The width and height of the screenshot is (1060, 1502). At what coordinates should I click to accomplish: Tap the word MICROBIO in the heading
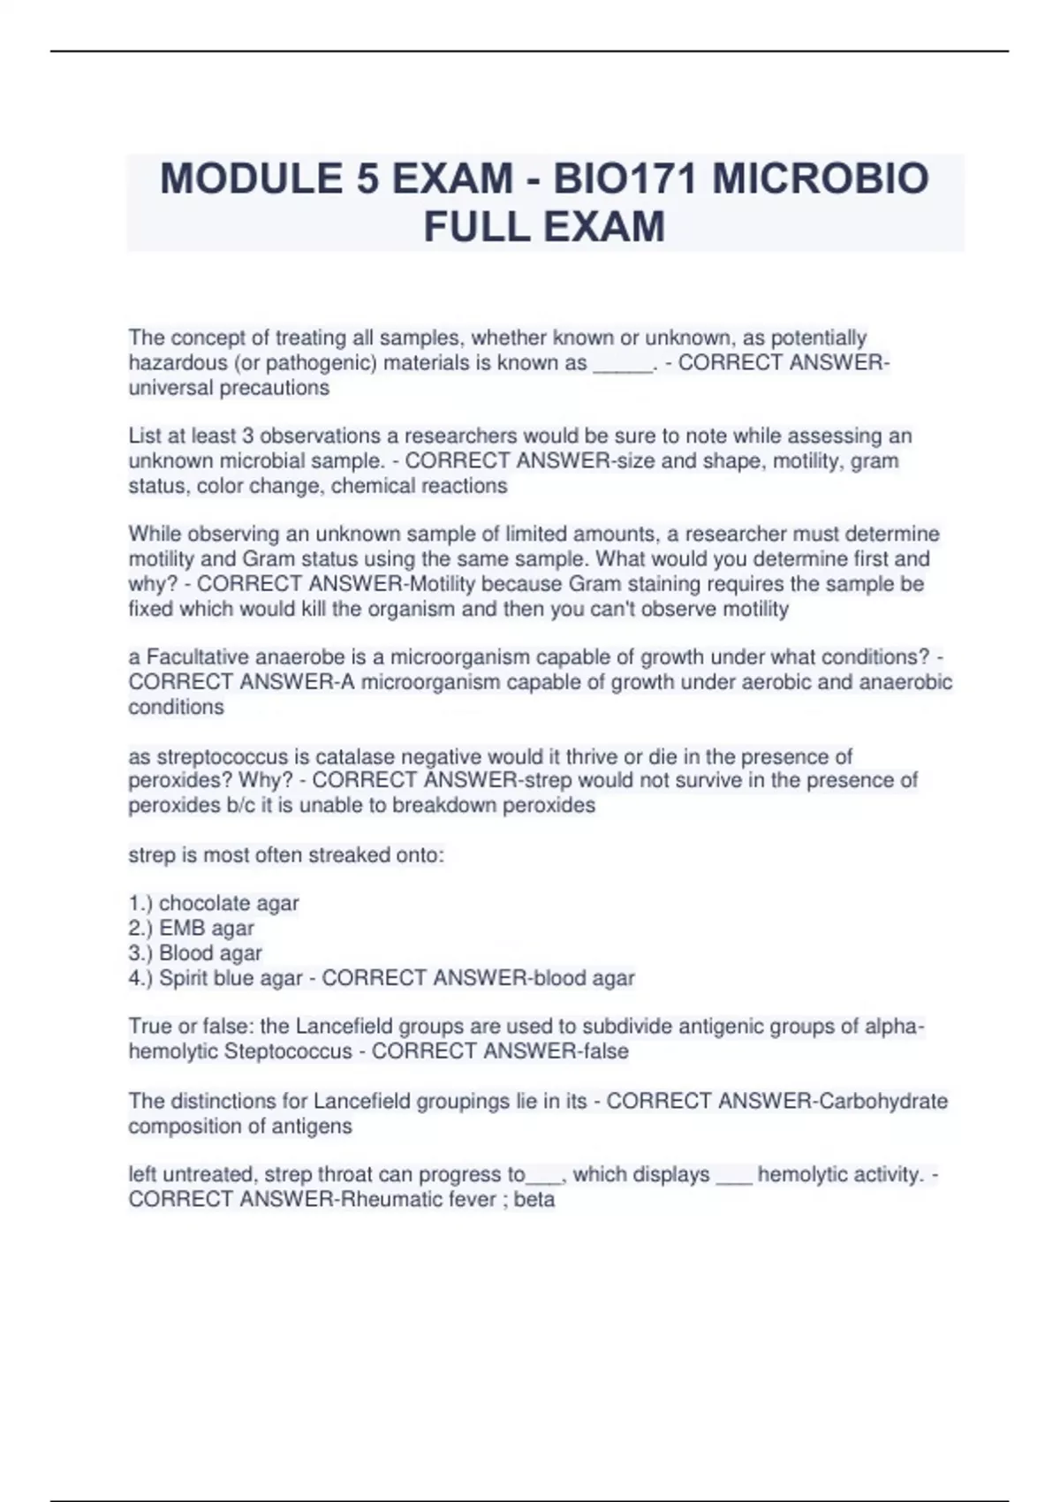[820, 179]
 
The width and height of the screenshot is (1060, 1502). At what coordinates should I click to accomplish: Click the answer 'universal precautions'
[229, 388]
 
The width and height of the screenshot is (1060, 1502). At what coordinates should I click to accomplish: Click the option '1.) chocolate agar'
[214, 904]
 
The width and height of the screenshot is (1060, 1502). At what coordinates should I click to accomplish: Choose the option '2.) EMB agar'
[192, 929]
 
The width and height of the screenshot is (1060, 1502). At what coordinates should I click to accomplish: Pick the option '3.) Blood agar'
[195, 953]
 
